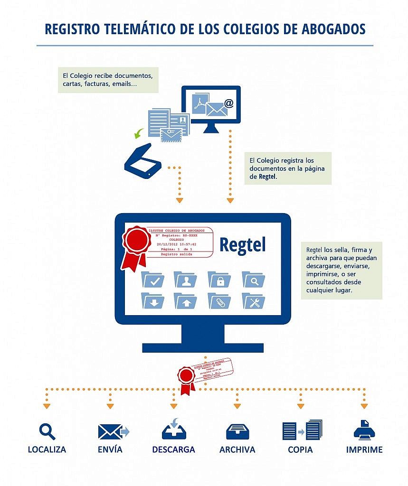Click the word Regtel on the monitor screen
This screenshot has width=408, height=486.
coord(242,245)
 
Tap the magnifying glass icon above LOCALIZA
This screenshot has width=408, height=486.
coord(47,431)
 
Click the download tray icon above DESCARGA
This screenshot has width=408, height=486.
coord(174,430)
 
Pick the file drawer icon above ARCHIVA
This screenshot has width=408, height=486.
coord(237,431)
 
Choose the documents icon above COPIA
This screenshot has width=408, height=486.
coord(302,430)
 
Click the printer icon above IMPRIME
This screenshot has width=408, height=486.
coord(364,430)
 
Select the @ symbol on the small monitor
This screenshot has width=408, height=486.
coord(229,103)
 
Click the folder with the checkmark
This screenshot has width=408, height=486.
coord(153,280)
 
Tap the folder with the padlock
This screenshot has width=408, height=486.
coord(219,280)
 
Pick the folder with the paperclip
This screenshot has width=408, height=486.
coord(219,301)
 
